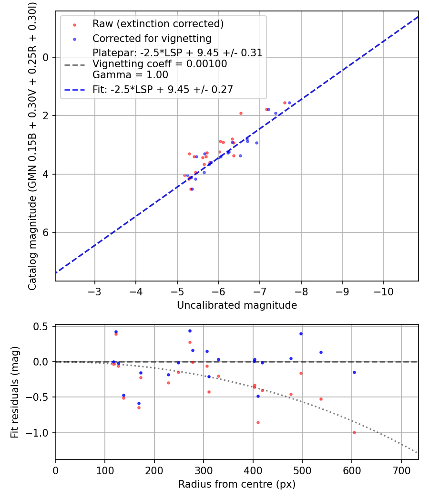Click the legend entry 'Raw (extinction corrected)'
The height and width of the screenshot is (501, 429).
(x=158, y=24)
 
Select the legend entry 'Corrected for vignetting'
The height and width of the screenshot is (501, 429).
(x=152, y=38)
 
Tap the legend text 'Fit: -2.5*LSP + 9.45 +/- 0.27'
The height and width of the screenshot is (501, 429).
(x=163, y=89)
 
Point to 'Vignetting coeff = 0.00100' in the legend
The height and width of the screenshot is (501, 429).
(x=160, y=64)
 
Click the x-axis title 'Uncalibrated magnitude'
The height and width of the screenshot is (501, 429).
(x=237, y=305)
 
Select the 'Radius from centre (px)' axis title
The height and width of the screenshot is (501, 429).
(x=237, y=484)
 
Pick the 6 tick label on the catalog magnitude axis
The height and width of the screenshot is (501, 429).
(x=46, y=232)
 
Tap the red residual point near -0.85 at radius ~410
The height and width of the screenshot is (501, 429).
(x=258, y=422)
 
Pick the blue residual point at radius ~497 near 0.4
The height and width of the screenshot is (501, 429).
(x=301, y=334)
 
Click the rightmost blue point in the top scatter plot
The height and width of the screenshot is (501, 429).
(x=289, y=103)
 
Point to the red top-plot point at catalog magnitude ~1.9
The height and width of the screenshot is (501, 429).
(x=241, y=113)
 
